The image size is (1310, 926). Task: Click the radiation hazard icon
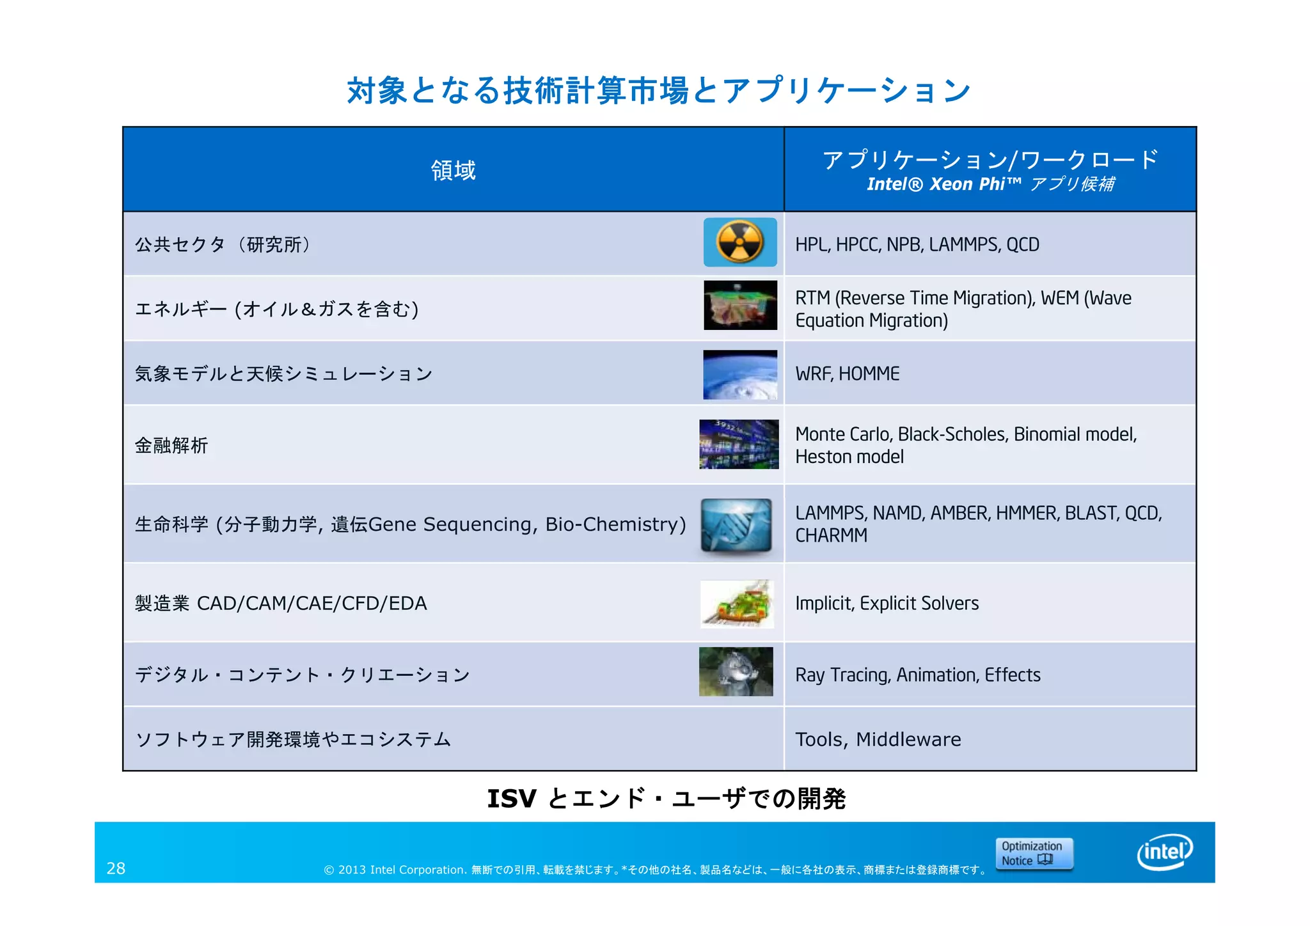click(740, 242)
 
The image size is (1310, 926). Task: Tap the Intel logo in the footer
click(1165, 852)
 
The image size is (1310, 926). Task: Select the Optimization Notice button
click(1034, 854)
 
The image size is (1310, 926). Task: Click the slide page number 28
click(116, 868)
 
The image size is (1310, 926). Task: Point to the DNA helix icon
click(736, 525)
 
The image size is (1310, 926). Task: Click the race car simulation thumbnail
click(737, 604)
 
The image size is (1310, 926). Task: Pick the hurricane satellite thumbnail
click(740, 375)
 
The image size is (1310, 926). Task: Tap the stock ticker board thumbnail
click(739, 444)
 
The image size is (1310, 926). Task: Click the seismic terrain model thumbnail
click(740, 305)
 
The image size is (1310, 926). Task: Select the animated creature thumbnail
click(736, 671)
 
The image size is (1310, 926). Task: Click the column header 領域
click(453, 170)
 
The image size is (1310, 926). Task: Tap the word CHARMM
click(831, 535)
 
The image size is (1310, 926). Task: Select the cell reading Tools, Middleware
click(878, 739)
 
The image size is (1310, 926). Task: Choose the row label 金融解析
click(171, 446)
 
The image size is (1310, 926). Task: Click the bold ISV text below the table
click(512, 799)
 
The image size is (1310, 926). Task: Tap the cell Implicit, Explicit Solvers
click(887, 604)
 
